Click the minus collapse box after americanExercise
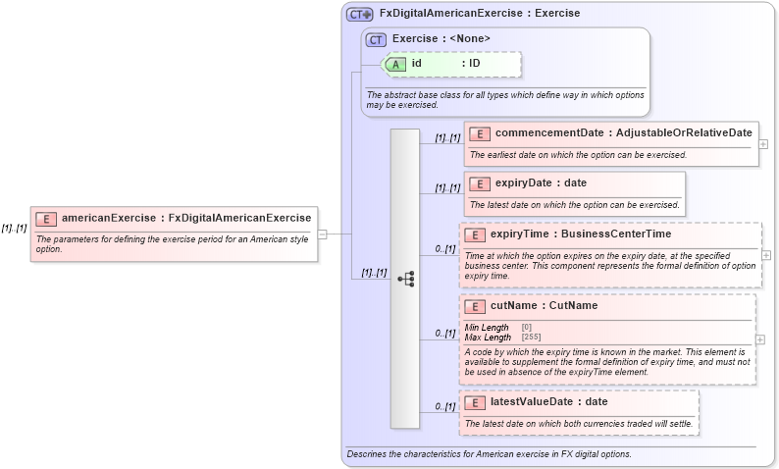[322, 234]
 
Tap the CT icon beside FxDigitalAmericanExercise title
[360, 14]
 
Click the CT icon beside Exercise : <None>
[376, 39]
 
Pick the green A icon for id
[395, 64]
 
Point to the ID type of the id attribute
[474, 64]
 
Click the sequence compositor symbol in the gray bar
[405, 279]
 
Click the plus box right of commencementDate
[763, 143]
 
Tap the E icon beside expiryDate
[480, 182]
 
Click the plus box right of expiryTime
[765, 255]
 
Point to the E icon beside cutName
[475, 305]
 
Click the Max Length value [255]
[531, 338]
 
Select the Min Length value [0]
[527, 328]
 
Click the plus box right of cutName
[760, 339]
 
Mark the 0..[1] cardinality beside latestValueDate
[444, 406]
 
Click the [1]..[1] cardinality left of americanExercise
[14, 227]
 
